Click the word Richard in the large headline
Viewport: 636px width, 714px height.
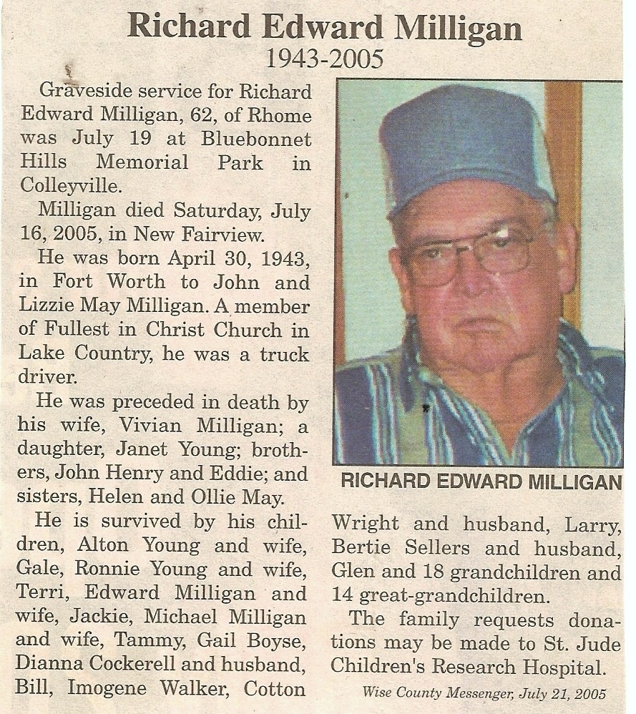pos(190,26)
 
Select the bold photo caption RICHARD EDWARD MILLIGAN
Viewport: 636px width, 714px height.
pos(481,482)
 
